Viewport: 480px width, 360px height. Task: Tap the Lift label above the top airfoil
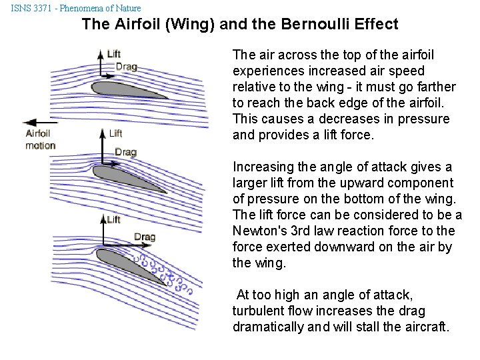click(113, 53)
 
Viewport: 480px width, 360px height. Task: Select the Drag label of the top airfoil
click(127, 66)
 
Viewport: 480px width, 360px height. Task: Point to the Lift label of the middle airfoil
click(116, 133)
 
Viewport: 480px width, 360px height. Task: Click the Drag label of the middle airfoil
click(125, 152)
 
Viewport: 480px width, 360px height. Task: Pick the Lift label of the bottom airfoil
click(113, 219)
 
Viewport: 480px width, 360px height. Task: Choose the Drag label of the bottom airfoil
click(145, 237)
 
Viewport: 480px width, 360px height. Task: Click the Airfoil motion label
click(40, 139)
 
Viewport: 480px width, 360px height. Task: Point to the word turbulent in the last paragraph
click(257, 311)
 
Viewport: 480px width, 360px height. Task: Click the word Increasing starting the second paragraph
click(262, 167)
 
